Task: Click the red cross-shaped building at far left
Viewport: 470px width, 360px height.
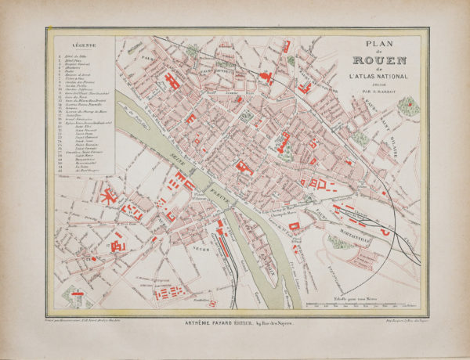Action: pos(107,196)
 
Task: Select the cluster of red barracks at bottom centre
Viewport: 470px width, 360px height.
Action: pos(168,293)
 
